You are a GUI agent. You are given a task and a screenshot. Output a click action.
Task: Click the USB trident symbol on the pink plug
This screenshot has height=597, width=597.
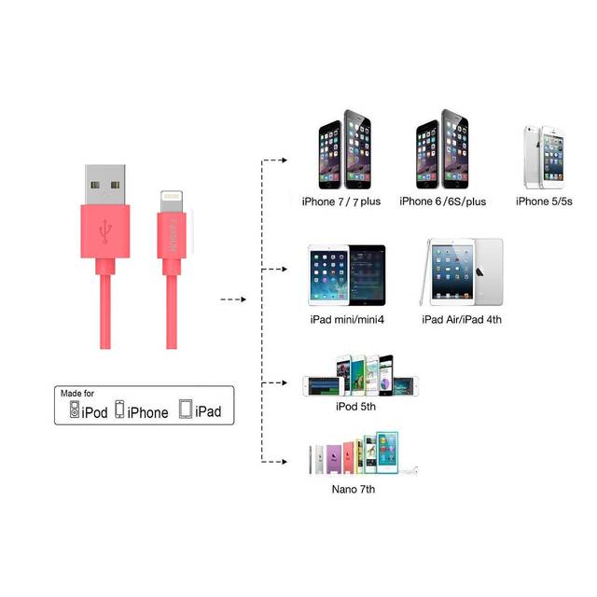click(x=105, y=231)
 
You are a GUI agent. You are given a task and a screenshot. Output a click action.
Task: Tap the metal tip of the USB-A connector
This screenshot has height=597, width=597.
click(x=105, y=185)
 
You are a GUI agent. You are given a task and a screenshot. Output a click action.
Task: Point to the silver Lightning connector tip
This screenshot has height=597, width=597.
click(x=172, y=201)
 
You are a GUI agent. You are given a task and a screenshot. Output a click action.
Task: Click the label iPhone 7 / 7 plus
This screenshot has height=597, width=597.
click(x=341, y=201)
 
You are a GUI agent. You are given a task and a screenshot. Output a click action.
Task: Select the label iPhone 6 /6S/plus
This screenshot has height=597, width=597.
click(x=443, y=201)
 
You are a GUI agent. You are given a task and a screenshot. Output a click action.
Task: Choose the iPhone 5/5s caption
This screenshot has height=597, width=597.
click(x=544, y=201)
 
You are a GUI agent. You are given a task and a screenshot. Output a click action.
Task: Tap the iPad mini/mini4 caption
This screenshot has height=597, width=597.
click(x=347, y=319)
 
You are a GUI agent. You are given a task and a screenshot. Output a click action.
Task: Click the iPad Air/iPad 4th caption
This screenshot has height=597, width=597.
click(x=462, y=319)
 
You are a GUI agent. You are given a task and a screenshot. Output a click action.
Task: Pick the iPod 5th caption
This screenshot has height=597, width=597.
click(x=355, y=407)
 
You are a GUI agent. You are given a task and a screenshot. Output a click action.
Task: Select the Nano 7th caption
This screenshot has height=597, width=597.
click(x=354, y=489)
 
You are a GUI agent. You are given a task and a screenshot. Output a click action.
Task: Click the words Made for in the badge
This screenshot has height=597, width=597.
click(x=77, y=393)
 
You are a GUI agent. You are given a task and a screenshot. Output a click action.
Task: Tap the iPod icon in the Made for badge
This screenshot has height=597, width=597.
click(x=75, y=410)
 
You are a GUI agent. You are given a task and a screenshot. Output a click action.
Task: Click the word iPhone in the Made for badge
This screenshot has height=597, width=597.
click(x=147, y=412)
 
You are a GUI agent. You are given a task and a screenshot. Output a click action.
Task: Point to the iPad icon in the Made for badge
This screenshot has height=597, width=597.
click(x=186, y=409)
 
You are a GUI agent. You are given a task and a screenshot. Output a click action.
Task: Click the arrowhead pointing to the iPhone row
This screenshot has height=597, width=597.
click(x=284, y=160)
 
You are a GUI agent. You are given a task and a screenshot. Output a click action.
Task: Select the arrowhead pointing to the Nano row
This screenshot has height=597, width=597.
click(x=284, y=462)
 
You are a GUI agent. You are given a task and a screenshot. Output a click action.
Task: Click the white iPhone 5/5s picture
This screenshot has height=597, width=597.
click(x=544, y=158)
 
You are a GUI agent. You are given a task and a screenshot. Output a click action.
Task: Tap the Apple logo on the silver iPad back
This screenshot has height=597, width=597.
click(x=479, y=271)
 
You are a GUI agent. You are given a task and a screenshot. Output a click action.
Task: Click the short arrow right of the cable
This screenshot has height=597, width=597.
click(x=233, y=299)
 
